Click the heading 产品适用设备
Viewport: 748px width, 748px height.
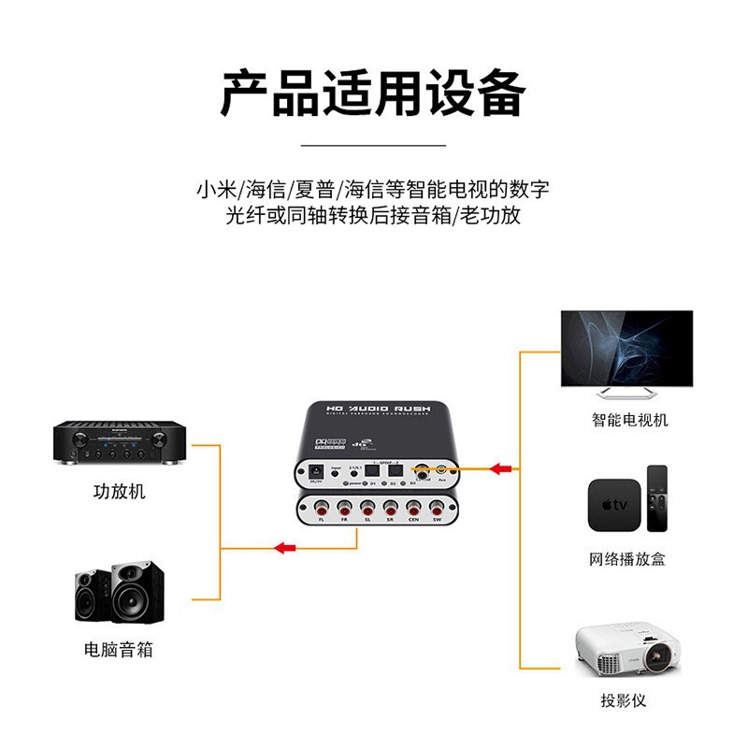tap(374, 93)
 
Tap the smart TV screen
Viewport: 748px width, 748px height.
tap(626, 348)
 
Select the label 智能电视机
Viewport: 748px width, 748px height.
tap(629, 420)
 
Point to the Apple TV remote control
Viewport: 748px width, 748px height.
tap(656, 501)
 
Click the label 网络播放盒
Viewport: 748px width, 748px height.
tap(627, 559)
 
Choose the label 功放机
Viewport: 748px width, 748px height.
tap(119, 491)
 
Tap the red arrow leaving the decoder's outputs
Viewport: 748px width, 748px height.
tap(285, 547)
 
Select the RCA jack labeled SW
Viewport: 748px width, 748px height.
tap(436, 511)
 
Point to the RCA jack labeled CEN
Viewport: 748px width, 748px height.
tap(413, 511)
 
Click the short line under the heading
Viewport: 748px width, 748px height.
tap(374, 146)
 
